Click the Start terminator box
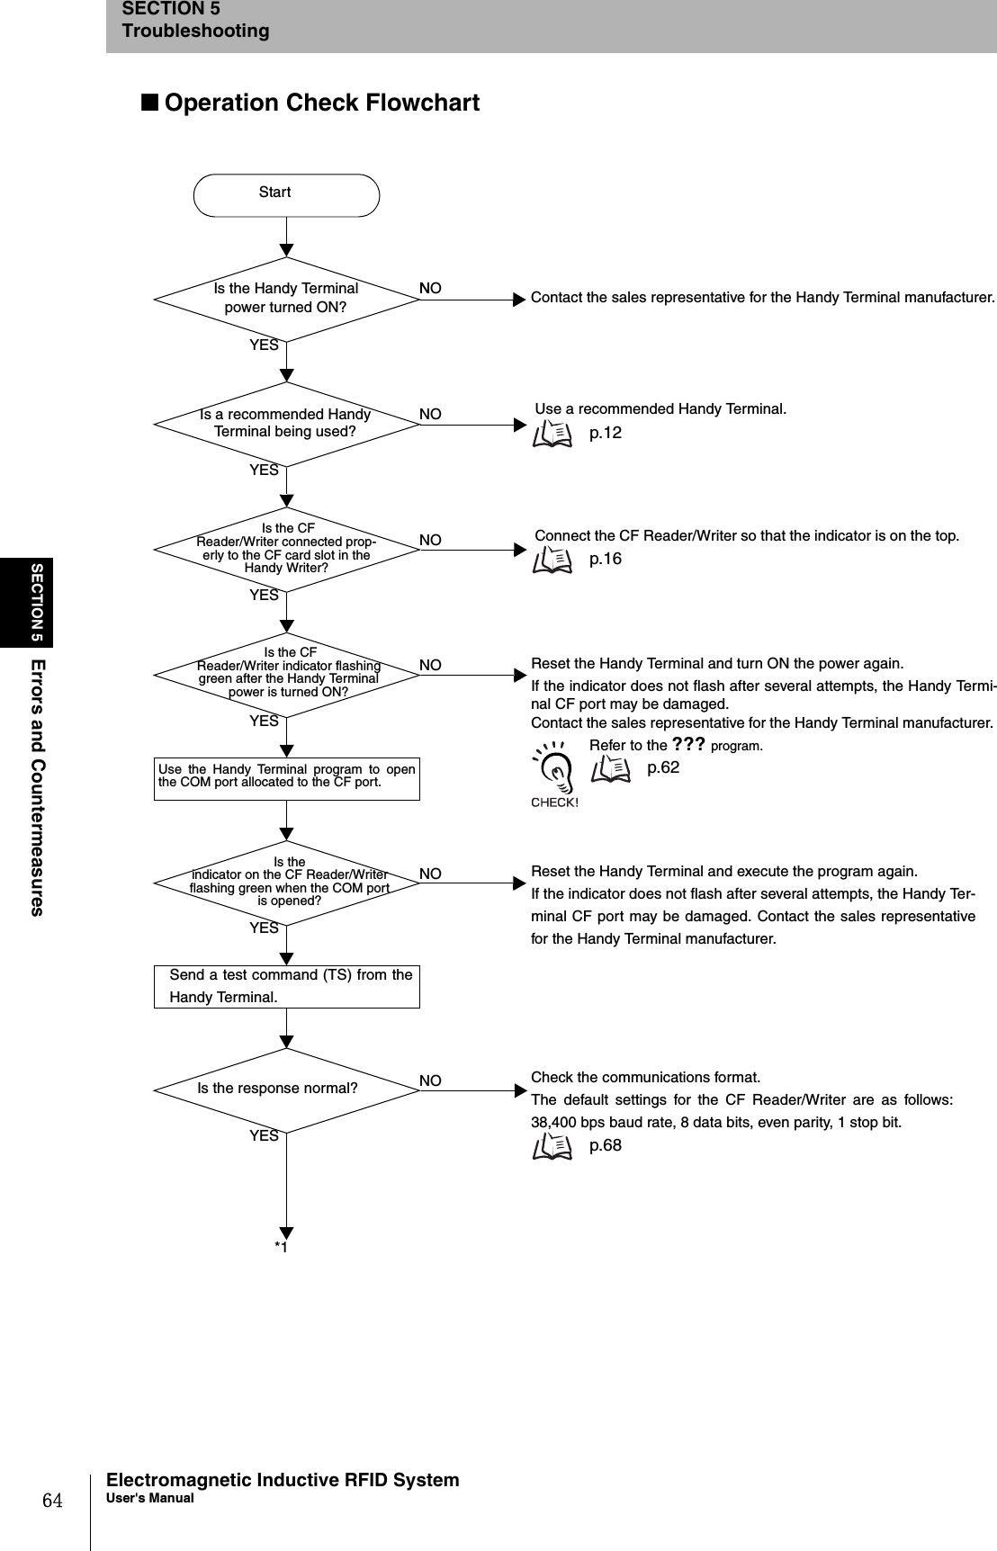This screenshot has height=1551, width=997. point(286,194)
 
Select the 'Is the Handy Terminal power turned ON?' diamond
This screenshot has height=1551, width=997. point(286,298)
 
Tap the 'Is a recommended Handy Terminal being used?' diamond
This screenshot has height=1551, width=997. point(286,423)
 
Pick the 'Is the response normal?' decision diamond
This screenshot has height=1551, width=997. point(286,1089)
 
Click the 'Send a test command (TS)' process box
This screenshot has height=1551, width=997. point(286,986)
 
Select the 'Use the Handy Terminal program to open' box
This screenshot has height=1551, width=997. point(286,777)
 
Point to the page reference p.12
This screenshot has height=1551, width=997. point(605,433)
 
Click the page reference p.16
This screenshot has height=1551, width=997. point(605,559)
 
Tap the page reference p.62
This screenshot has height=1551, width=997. point(663,767)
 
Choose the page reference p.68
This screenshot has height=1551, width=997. point(605,1145)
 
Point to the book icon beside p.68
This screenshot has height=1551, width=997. point(552,1146)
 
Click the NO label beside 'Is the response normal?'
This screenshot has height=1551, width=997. point(430,1080)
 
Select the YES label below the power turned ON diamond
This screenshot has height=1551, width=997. point(264,345)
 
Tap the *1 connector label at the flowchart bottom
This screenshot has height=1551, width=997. point(282,1247)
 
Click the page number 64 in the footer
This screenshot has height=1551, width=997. point(54,1501)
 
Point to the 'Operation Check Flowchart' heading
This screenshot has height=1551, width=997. point(321,103)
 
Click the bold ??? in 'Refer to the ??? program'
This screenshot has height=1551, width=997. point(688,744)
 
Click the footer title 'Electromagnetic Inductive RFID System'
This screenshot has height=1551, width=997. point(283,1480)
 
